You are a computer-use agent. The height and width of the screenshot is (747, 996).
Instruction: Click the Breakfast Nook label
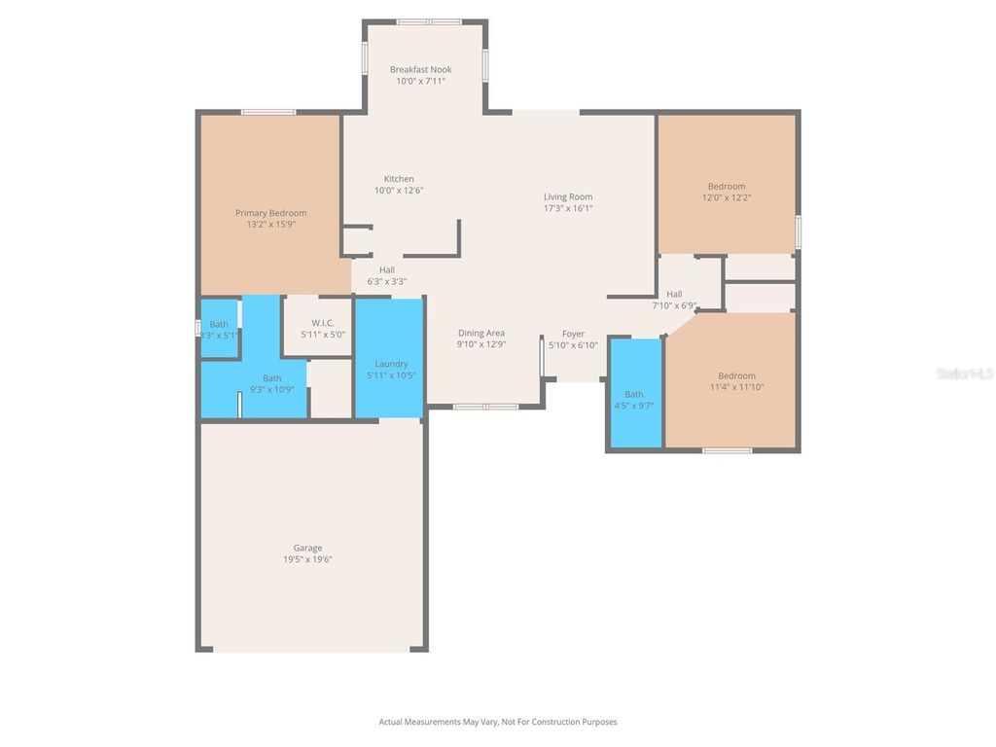coord(420,70)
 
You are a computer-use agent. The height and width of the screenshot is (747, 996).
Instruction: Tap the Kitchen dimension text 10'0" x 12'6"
coord(399,191)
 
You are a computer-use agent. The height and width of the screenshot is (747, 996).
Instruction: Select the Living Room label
coord(568,197)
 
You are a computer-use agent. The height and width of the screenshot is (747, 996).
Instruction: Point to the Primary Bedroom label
coord(270,213)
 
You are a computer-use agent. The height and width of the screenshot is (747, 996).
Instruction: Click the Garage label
coord(307,548)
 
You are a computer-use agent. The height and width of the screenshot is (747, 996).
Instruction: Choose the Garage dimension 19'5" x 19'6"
coord(307,559)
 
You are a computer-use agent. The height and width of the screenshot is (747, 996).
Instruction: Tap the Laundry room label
coord(391,364)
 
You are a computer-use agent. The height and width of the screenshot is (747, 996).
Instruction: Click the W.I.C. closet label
coord(323,323)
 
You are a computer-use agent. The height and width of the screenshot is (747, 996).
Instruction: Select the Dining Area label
coord(481,334)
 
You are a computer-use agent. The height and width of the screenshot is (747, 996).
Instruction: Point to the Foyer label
coord(573,334)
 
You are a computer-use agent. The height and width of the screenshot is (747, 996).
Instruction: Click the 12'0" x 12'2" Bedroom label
coord(727,187)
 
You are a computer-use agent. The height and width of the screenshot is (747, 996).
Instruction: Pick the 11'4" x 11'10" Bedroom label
coord(736,376)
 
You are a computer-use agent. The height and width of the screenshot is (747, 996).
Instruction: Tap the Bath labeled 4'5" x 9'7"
coord(634,394)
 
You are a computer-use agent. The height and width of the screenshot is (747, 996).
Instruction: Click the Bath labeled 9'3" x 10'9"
coord(271,378)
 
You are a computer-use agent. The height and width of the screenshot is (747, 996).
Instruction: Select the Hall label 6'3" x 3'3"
coord(387,270)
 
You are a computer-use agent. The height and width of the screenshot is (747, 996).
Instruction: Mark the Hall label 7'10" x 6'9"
coord(674,295)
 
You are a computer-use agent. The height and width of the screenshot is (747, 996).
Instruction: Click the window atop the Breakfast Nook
coord(429,21)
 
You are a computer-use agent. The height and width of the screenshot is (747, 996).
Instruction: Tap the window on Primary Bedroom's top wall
coord(268,112)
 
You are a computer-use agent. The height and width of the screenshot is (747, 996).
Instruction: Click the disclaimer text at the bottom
coord(497,722)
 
